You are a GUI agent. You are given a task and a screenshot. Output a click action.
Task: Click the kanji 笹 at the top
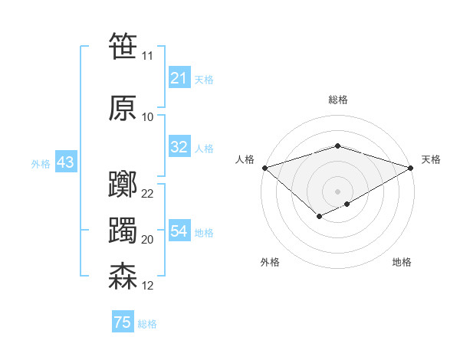(x=123, y=46)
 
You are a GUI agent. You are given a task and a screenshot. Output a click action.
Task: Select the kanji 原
(x=123, y=108)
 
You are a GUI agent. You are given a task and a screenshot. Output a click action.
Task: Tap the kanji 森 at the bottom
(x=123, y=276)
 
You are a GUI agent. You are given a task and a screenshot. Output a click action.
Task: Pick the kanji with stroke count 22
(x=123, y=185)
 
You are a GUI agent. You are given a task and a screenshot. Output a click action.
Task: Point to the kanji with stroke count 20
(x=123, y=231)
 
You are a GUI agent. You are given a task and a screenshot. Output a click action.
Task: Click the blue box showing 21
(x=179, y=78)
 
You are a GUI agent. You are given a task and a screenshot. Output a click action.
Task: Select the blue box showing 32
(x=179, y=148)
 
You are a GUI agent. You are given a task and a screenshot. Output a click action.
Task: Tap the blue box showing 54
(x=179, y=231)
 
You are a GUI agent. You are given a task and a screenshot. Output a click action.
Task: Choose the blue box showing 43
(x=65, y=163)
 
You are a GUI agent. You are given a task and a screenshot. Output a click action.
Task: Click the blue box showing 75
(x=123, y=322)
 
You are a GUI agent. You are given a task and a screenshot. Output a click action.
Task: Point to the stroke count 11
(x=147, y=56)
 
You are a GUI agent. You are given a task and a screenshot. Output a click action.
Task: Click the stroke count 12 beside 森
(x=148, y=286)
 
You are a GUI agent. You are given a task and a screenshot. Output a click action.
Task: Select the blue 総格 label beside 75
(x=147, y=324)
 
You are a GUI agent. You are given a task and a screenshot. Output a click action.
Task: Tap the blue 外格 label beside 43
(x=41, y=164)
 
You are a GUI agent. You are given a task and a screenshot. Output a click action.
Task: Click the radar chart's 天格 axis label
(x=431, y=159)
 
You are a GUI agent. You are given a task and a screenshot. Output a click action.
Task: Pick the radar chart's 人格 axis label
(x=245, y=159)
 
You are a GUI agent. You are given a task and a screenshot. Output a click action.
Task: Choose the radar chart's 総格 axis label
(x=338, y=100)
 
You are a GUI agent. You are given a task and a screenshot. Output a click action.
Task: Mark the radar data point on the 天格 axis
(x=411, y=168)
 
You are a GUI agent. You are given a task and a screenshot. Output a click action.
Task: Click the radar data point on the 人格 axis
(x=264, y=168)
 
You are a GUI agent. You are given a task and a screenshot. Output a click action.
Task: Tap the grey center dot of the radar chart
(x=338, y=191)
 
